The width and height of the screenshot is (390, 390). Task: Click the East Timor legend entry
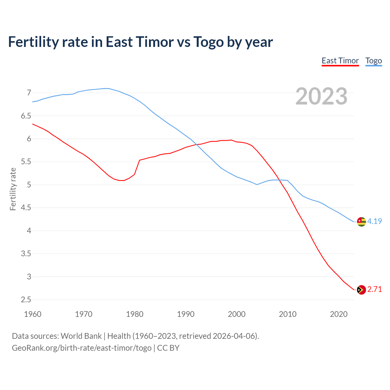tap(340, 61)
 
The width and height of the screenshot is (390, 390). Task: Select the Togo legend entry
tap(374, 61)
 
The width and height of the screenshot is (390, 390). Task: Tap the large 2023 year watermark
tap(321, 96)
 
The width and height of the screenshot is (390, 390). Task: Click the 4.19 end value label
tap(374, 221)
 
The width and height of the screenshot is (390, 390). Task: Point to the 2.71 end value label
tap(374, 289)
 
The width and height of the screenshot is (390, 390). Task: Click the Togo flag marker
tap(361, 222)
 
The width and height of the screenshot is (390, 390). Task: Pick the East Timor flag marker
tap(361, 290)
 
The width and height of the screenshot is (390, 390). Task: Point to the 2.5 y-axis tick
tap(26, 300)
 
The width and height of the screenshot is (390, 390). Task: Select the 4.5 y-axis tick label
tap(26, 208)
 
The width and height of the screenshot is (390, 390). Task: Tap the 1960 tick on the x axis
tap(33, 314)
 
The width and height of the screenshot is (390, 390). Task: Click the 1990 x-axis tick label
tap(186, 314)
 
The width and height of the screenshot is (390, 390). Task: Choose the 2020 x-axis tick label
tap(339, 314)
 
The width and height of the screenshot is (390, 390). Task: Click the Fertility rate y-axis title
tap(13, 189)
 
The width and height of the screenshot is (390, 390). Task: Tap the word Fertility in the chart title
tap(33, 42)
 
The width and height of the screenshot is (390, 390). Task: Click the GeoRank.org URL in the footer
tap(82, 348)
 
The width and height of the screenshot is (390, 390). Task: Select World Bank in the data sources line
tap(81, 336)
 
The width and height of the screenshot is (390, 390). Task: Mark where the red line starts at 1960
tap(33, 124)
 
